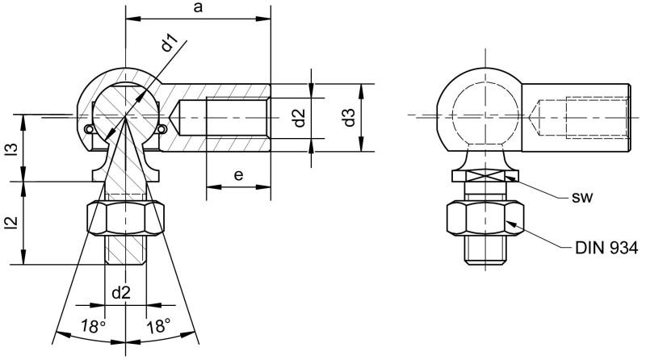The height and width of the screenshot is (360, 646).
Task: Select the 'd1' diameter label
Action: point(169,44)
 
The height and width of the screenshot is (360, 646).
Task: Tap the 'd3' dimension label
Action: point(349,118)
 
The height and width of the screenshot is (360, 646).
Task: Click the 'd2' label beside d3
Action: point(298,118)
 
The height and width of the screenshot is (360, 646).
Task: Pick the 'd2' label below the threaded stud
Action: point(122,293)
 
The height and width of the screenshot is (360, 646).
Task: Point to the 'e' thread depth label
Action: point(238,175)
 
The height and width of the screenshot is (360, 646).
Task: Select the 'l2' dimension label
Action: point(11,224)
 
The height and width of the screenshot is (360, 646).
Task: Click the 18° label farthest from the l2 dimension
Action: point(159,327)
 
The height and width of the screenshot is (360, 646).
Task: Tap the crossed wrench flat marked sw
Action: point(483,178)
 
